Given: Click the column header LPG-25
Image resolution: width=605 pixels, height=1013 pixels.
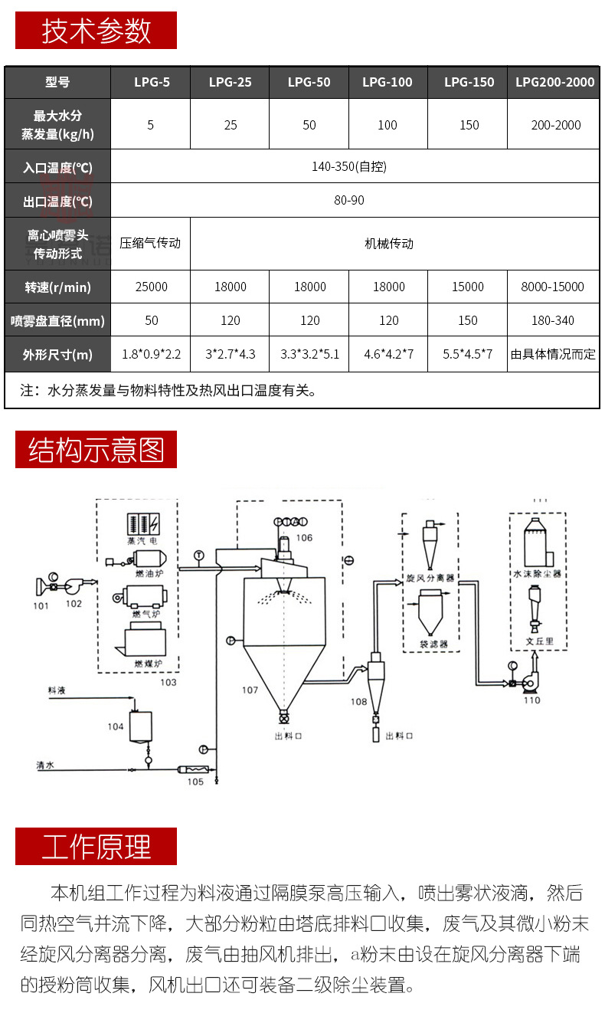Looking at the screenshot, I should pyautogui.click(x=230, y=82).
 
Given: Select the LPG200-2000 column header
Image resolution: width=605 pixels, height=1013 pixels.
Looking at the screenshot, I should pyautogui.click(x=554, y=82).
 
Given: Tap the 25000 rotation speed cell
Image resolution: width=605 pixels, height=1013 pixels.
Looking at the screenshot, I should pyautogui.click(x=150, y=287).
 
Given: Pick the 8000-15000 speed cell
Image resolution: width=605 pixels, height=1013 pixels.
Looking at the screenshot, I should pyautogui.click(x=553, y=287).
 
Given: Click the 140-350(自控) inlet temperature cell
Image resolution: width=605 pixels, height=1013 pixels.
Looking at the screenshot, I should pyautogui.click(x=355, y=166).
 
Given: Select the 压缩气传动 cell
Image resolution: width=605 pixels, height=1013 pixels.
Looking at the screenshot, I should pyautogui.click(x=150, y=243).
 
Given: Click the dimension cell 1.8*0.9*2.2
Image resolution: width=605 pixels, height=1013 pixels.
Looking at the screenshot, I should pyautogui.click(x=151, y=355).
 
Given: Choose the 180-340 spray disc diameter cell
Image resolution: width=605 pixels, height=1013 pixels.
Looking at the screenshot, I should pyautogui.click(x=553, y=320).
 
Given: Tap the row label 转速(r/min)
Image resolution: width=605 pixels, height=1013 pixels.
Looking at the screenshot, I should pyautogui.click(x=57, y=287).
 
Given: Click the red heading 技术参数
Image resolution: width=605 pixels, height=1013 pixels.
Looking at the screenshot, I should pyautogui.click(x=96, y=31).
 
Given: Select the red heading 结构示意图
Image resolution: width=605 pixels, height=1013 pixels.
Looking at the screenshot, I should pyautogui.click(x=96, y=450).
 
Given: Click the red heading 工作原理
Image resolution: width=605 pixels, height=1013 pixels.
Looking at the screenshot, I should pyautogui.click(x=96, y=847).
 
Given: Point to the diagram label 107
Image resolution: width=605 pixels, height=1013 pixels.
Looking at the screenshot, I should pyautogui.click(x=250, y=690).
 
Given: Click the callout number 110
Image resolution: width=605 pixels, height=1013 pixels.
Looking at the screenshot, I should pyautogui.click(x=531, y=700).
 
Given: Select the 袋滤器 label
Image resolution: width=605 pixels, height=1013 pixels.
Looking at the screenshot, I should pyautogui.click(x=433, y=644).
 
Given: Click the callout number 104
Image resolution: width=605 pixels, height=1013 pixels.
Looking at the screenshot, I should pyautogui.click(x=116, y=726).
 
